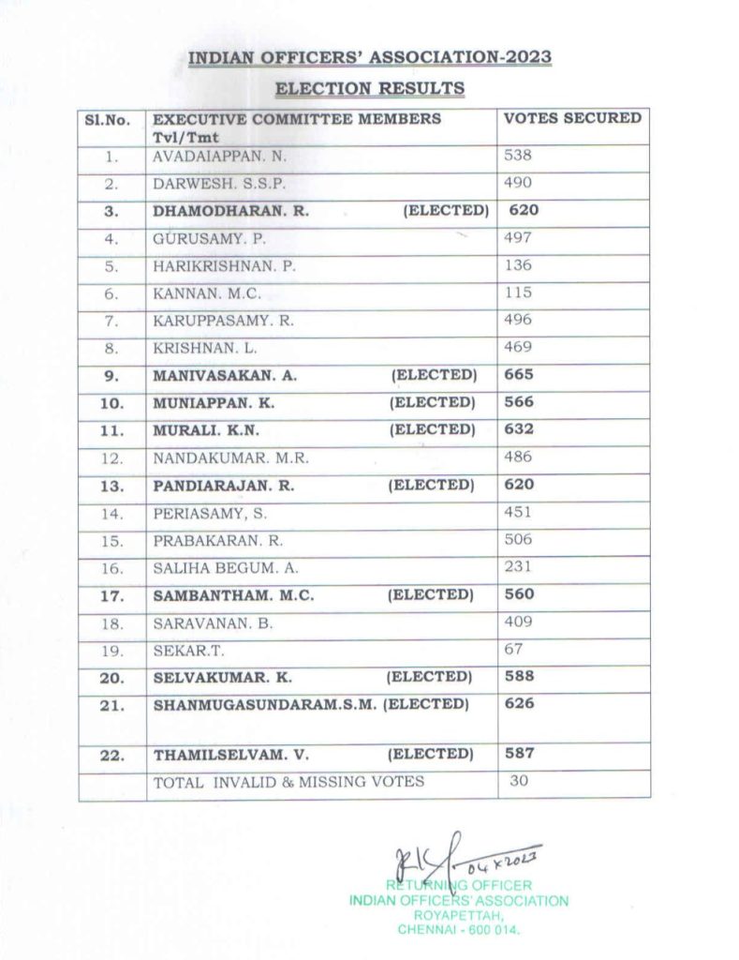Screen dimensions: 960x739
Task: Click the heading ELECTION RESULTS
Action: (369, 89)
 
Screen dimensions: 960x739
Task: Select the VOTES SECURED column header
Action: (572, 119)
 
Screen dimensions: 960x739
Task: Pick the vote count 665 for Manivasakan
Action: (518, 374)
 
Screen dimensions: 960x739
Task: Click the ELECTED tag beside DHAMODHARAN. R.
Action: (446, 211)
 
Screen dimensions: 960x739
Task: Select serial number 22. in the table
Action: (112, 755)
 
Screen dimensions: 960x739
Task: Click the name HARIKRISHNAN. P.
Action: (224, 265)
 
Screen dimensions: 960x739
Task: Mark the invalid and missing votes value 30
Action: (519, 780)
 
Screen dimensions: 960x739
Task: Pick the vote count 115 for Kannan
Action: (518, 292)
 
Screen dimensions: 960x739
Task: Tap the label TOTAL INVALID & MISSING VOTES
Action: (288, 781)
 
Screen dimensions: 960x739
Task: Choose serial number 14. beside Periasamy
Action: (112, 513)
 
